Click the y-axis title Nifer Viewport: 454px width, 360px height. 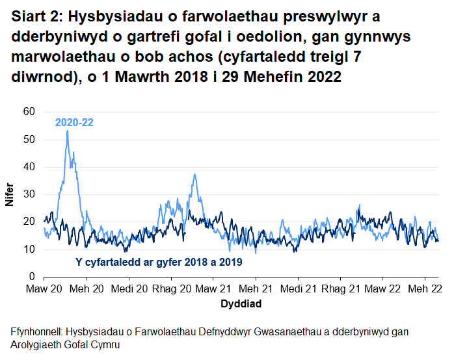[x=10, y=194]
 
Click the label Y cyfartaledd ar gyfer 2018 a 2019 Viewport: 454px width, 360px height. [x=155, y=263]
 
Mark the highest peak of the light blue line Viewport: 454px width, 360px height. [x=67, y=131]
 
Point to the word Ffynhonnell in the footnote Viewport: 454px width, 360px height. [x=40, y=332]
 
